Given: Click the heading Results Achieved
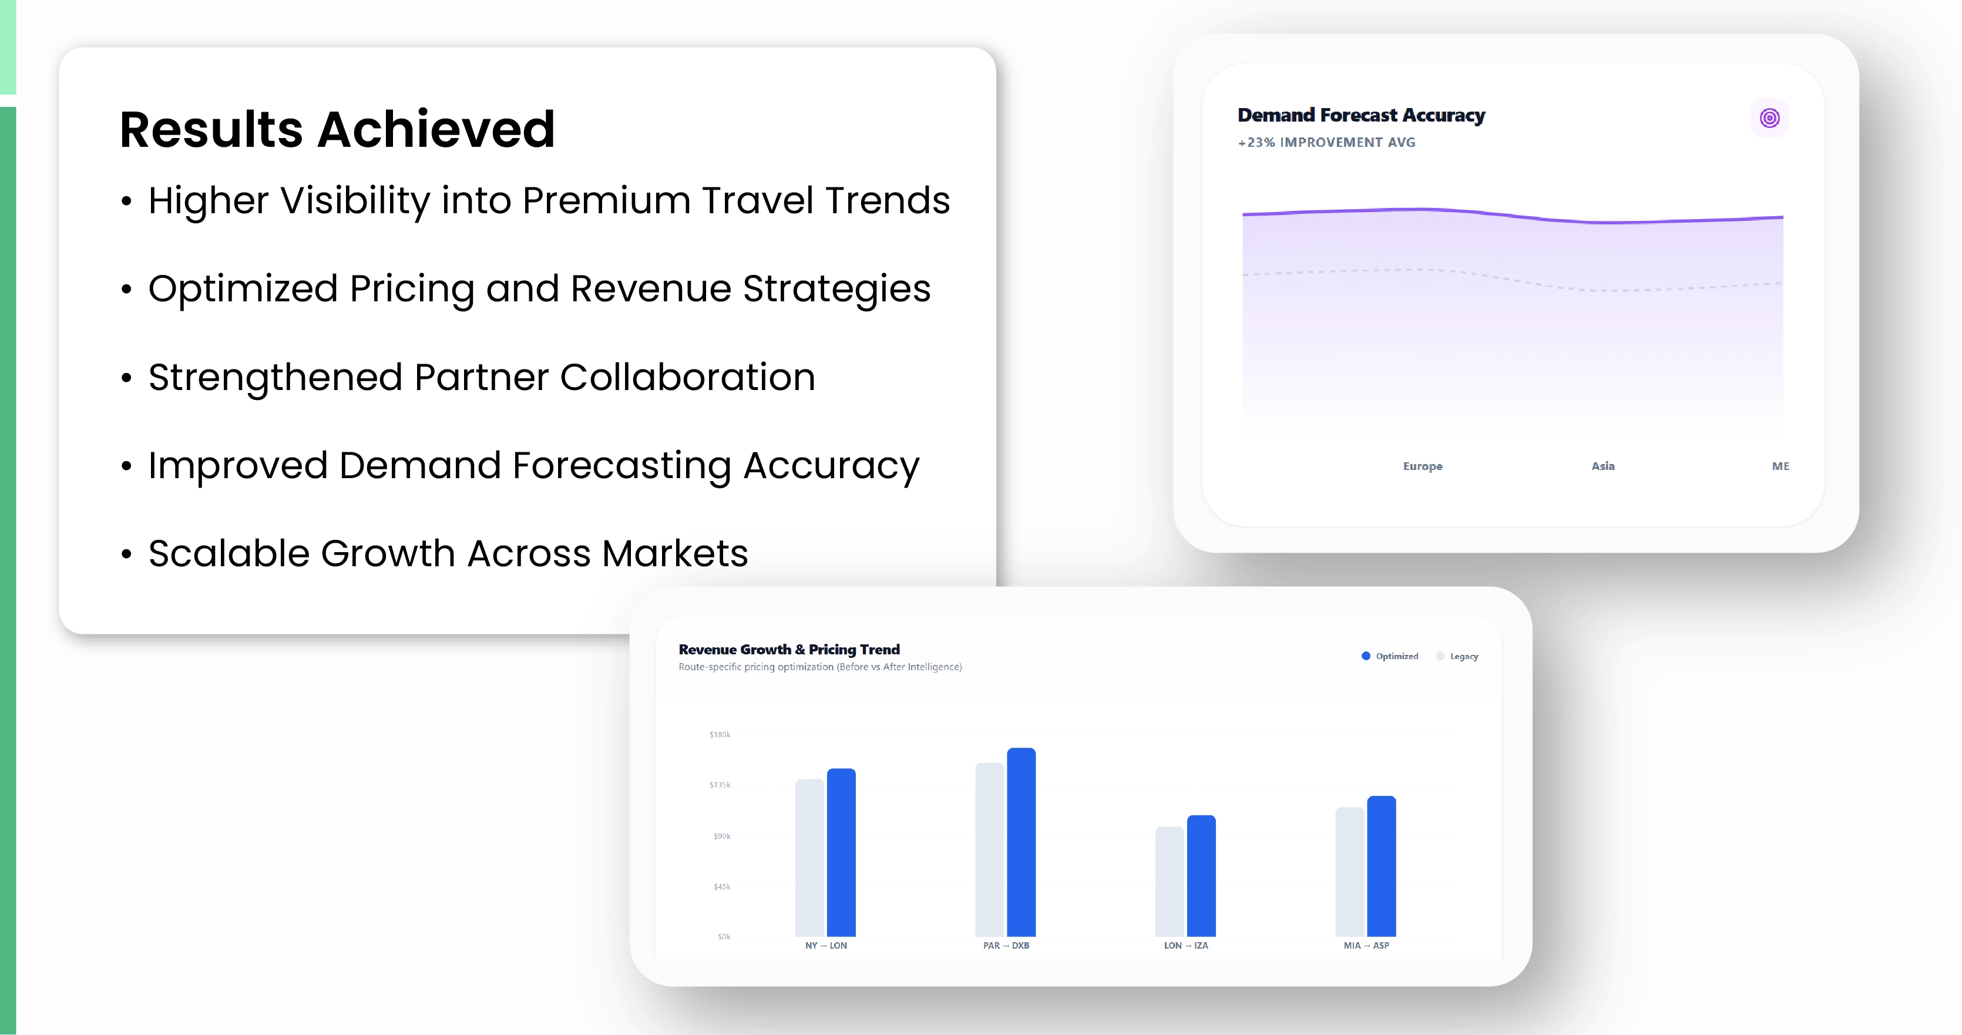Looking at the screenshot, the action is click(x=337, y=129).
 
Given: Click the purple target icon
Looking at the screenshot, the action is click(x=1769, y=118).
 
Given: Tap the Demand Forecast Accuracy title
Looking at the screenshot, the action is click(x=1361, y=115).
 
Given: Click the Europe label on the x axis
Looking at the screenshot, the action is click(x=1423, y=466).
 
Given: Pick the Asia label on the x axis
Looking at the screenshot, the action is click(x=1602, y=465).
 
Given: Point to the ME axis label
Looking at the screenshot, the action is click(x=1780, y=465).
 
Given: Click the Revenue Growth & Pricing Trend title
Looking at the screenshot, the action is click(x=789, y=650).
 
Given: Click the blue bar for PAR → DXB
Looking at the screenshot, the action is click(x=1022, y=842).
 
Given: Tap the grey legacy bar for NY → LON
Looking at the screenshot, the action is click(x=809, y=858).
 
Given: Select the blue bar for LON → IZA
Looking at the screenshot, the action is click(x=1201, y=876).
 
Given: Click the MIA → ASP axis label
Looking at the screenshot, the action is click(x=1366, y=945).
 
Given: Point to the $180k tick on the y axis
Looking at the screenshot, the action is click(x=720, y=734).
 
